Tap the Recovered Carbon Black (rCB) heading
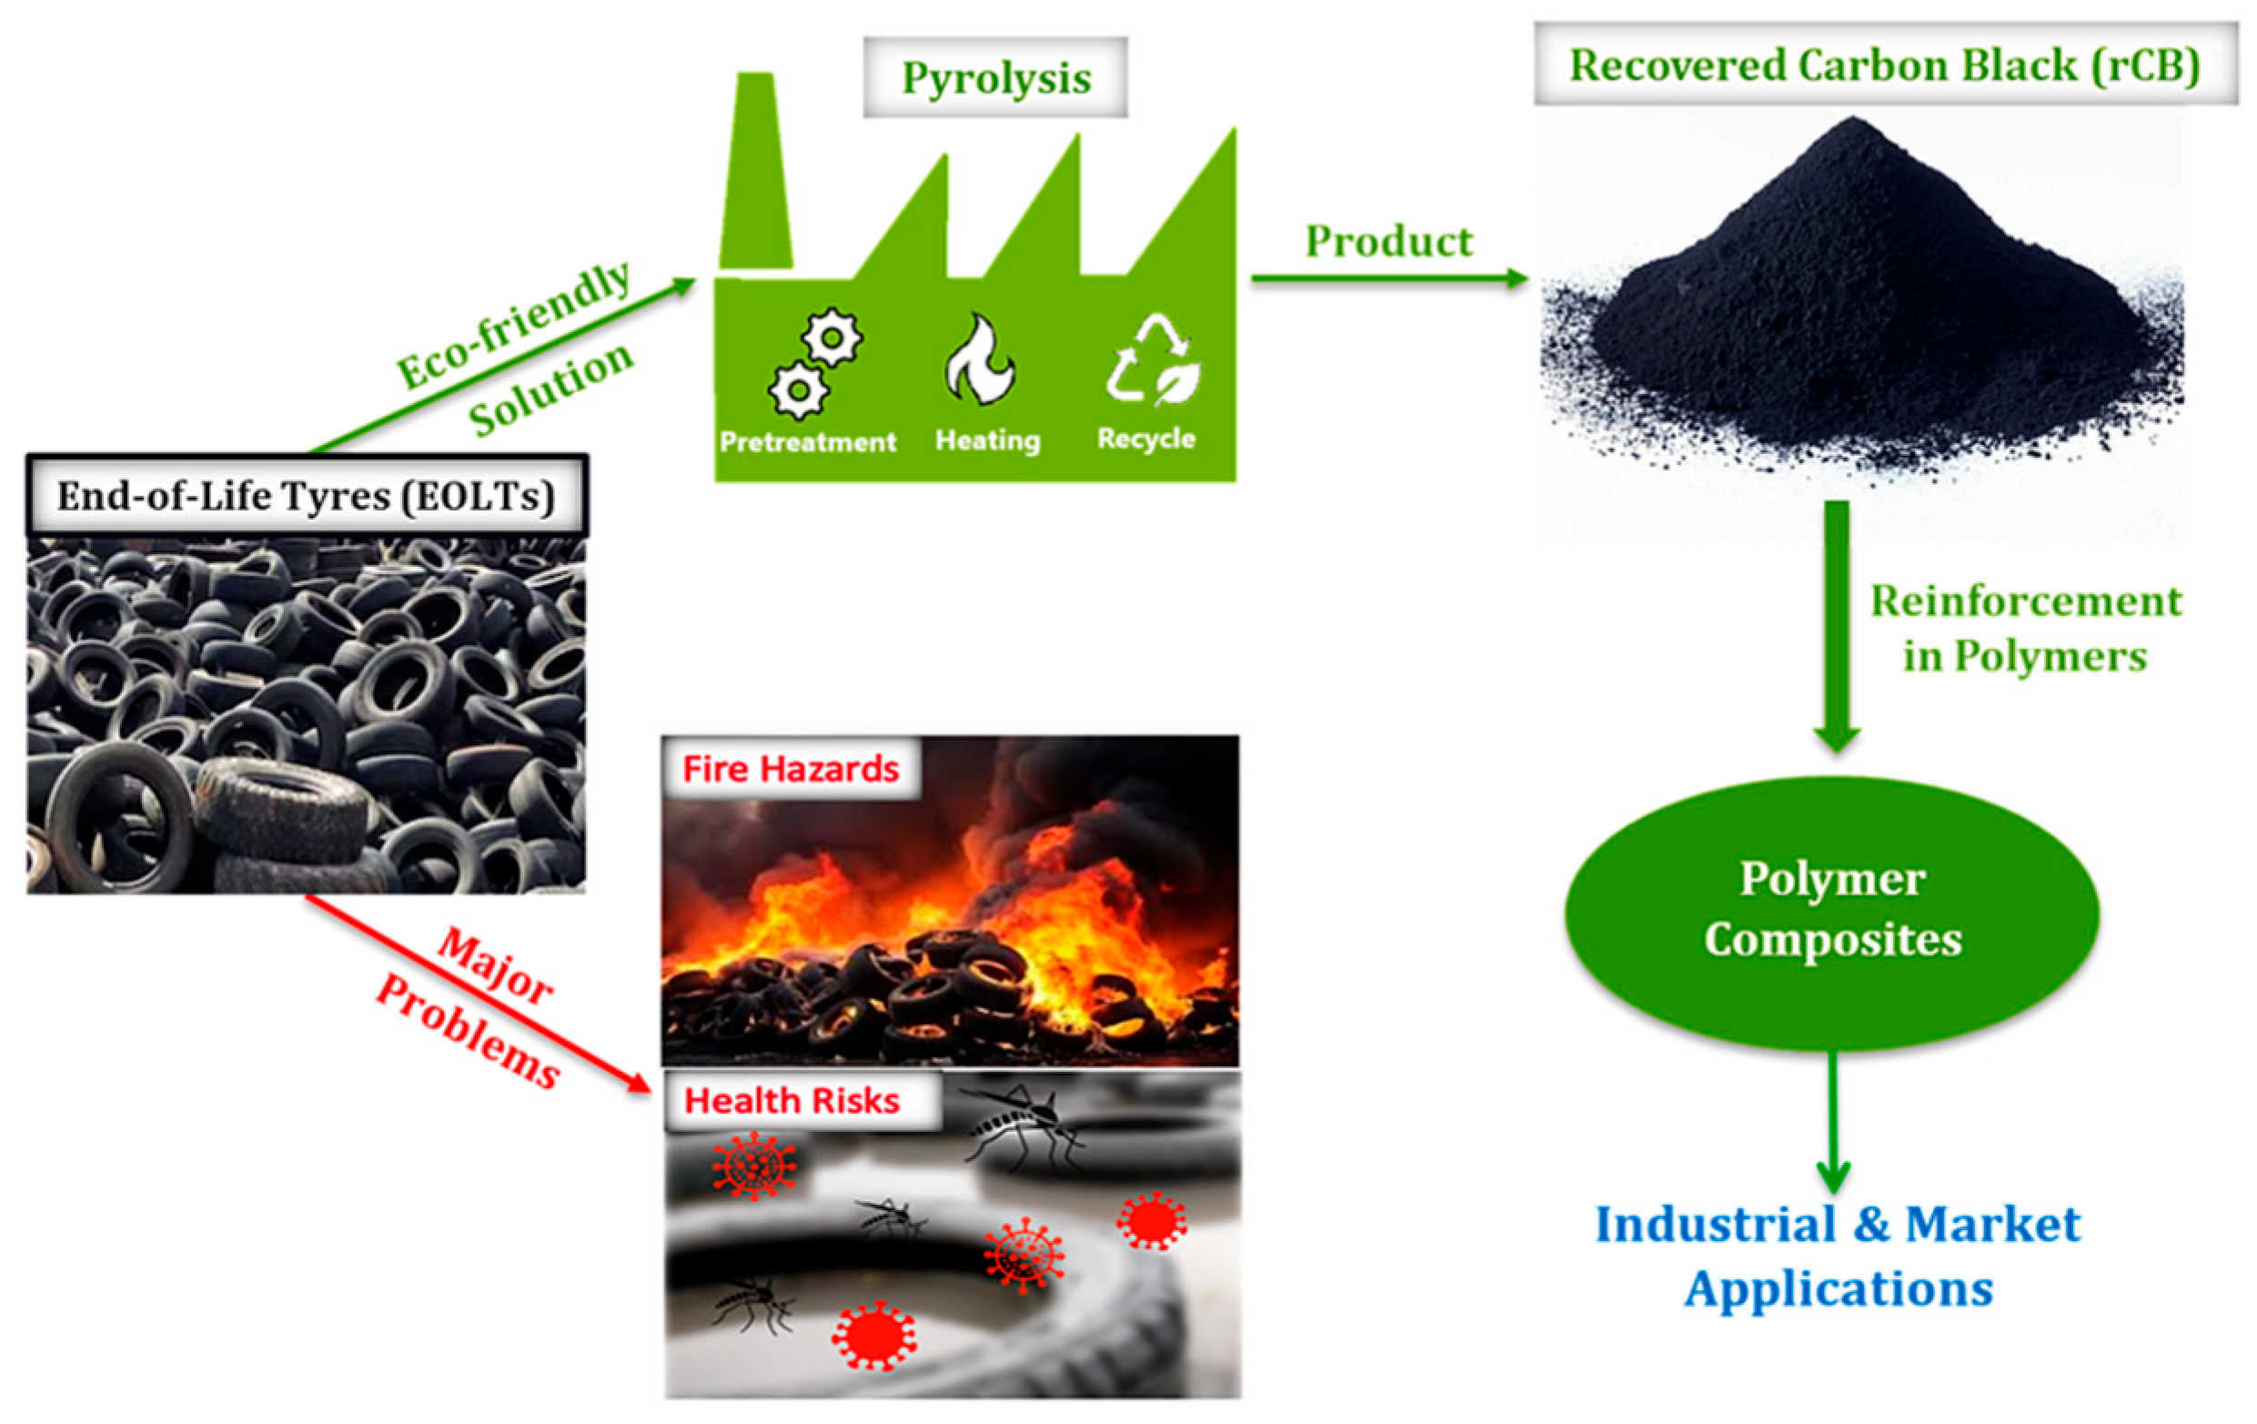click(1884, 65)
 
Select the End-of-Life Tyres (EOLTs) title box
click(307, 496)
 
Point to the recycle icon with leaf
click(1154, 361)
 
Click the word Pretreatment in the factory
click(807, 441)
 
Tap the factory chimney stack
click(755, 174)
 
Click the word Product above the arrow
click(1389, 242)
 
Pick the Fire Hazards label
click(791, 769)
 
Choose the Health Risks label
click(792, 1101)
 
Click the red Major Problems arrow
click(478, 994)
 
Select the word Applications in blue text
click(1838, 1289)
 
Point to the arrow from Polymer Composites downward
click(1833, 1120)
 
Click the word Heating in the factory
click(987, 439)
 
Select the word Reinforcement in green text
click(2026, 601)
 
